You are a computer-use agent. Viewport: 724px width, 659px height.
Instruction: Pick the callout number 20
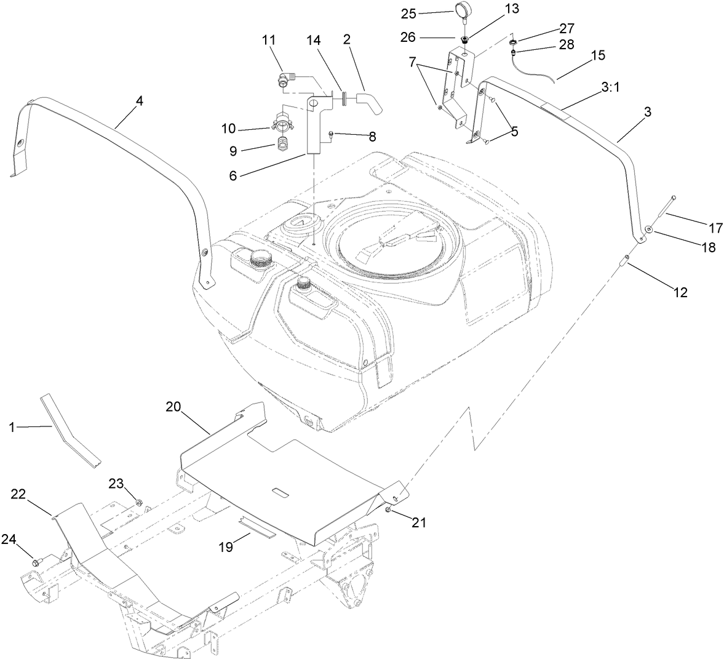(174, 407)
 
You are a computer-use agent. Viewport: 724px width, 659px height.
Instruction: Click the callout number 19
(227, 546)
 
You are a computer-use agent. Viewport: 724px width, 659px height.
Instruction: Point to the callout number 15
(598, 55)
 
